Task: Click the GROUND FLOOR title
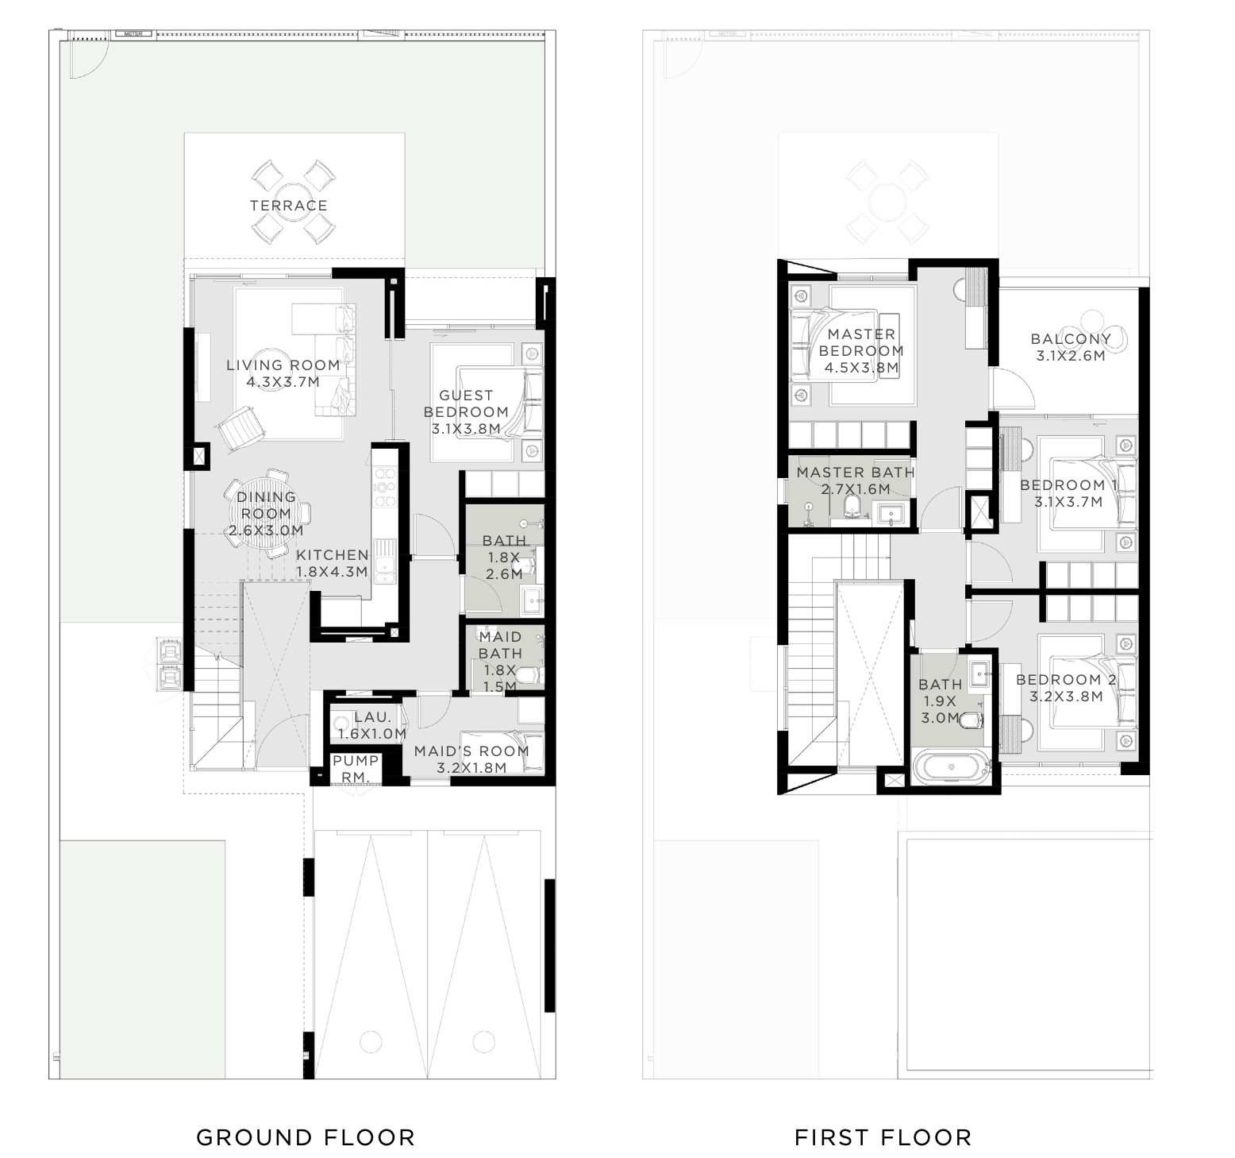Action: tap(306, 1137)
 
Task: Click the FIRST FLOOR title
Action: tap(883, 1137)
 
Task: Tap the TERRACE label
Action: tap(289, 206)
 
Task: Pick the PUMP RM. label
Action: tap(355, 768)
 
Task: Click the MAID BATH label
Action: tap(500, 645)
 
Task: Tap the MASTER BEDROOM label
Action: tap(861, 342)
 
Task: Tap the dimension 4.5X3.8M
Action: tap(861, 368)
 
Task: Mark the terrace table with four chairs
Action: tap(289, 202)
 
